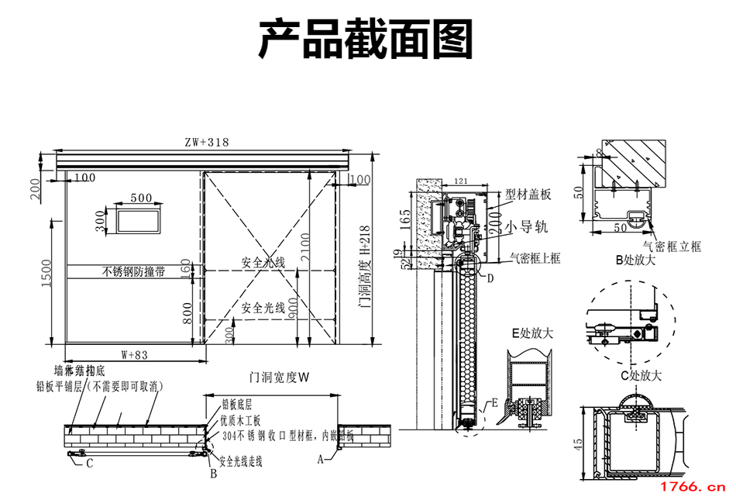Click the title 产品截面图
point(365,40)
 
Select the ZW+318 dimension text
point(207,143)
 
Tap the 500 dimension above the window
point(141,198)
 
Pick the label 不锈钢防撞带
point(132,272)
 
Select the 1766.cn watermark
point(692,487)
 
